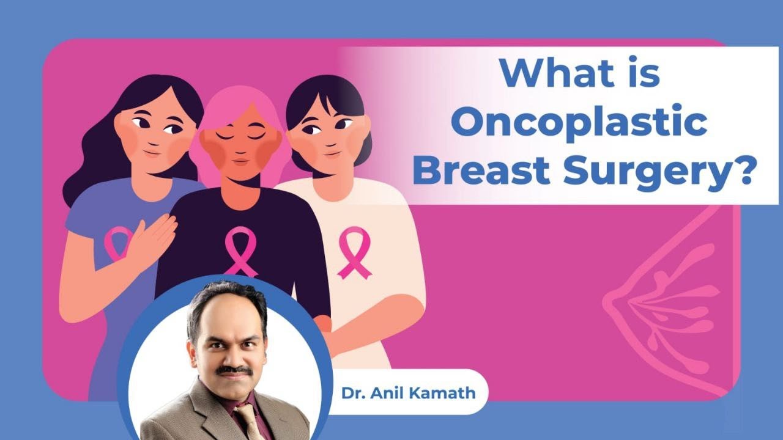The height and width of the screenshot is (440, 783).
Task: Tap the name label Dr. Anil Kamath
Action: click(x=409, y=392)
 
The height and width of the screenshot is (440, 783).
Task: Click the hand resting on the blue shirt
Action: click(x=150, y=238)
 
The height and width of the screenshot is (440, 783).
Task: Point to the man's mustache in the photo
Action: click(x=234, y=370)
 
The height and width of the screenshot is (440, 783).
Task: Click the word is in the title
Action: click(x=642, y=73)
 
